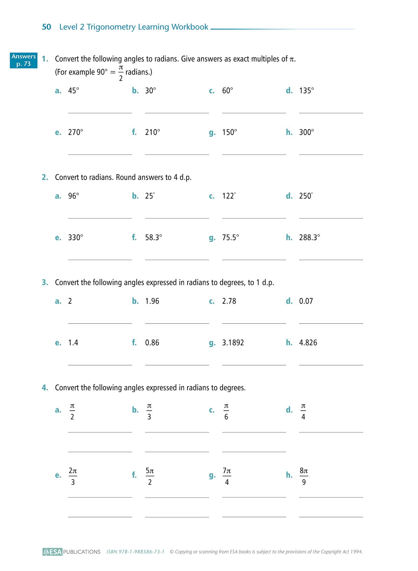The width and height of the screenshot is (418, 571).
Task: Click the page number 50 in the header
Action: pyautogui.click(x=47, y=27)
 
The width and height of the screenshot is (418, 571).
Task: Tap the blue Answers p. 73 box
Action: pyautogui.click(x=23, y=60)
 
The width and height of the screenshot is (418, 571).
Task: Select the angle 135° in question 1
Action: pyautogui.click(x=307, y=91)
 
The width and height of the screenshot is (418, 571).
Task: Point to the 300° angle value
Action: pyautogui.click(x=307, y=132)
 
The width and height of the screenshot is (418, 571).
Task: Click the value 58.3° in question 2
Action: pyautogui.click(x=153, y=237)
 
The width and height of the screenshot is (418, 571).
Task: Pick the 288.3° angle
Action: pyautogui.click(x=310, y=237)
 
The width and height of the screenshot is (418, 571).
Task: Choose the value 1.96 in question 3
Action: pyautogui.click(x=152, y=301)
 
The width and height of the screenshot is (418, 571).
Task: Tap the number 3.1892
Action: pyautogui.click(x=233, y=343)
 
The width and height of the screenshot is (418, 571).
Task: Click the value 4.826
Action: pyautogui.click(x=308, y=343)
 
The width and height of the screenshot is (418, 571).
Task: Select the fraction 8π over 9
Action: pyautogui.click(x=304, y=477)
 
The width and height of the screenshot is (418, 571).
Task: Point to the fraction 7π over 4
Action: pyautogui.click(x=227, y=477)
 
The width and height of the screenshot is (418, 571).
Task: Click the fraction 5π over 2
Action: pyautogui.click(x=150, y=477)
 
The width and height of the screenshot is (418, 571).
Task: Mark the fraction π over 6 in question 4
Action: pyautogui.click(x=226, y=412)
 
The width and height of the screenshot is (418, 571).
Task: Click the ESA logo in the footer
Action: pyautogui.click(x=52, y=552)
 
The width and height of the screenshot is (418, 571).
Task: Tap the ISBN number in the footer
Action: pyautogui.click(x=135, y=552)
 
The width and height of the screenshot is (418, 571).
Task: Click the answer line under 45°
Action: pyautogui.click(x=100, y=113)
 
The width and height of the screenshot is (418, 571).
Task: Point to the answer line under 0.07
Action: pyautogui.click(x=331, y=323)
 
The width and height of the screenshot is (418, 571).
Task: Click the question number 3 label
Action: pyautogui.click(x=45, y=282)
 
